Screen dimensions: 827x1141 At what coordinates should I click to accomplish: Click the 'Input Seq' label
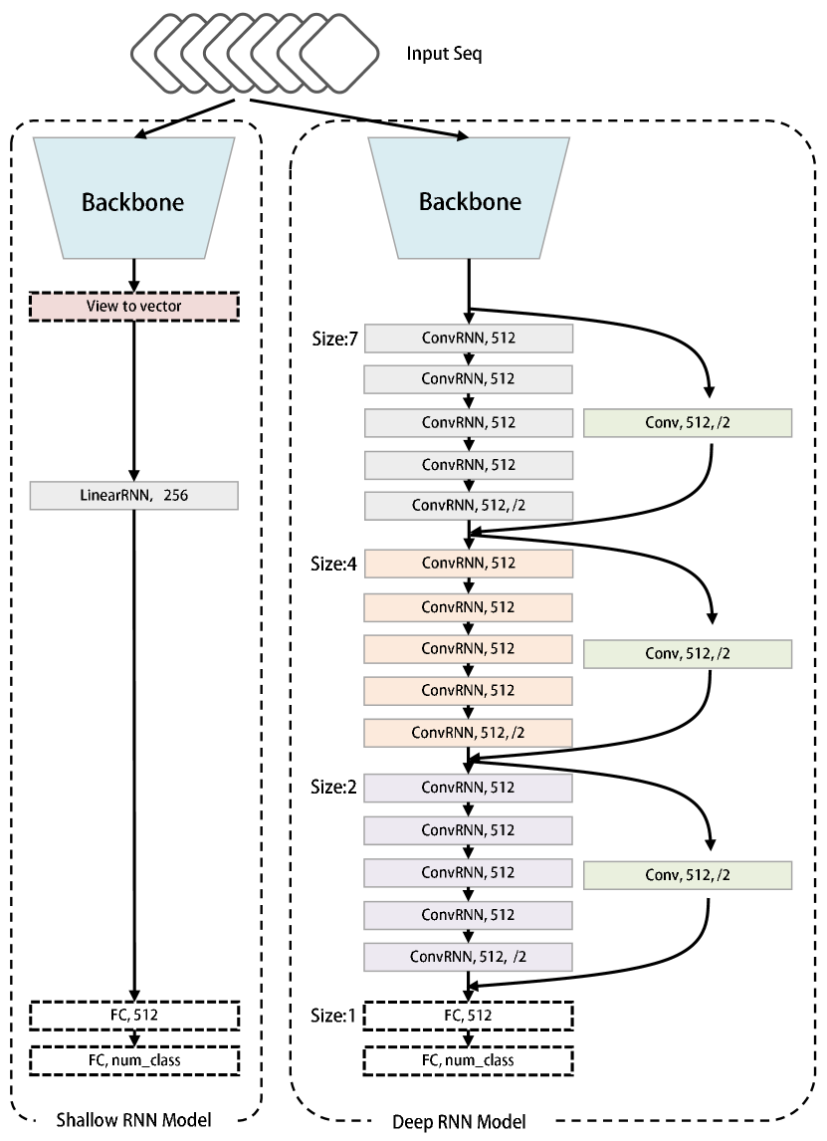[x=444, y=54]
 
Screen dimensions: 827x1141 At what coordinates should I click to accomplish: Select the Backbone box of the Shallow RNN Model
[x=133, y=198]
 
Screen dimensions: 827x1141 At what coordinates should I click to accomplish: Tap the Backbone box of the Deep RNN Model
[x=469, y=198]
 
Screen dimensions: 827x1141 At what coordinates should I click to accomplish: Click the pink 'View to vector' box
[x=133, y=307]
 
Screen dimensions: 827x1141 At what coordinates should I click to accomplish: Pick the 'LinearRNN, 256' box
[x=133, y=496]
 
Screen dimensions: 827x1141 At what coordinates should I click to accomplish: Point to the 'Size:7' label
[x=334, y=340]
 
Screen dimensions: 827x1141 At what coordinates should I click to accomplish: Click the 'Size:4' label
[x=333, y=564]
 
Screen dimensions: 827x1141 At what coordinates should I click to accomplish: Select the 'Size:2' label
[x=333, y=788]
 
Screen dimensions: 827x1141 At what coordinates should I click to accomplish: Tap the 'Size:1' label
[x=333, y=1016]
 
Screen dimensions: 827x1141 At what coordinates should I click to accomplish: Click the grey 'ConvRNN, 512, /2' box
[x=469, y=506]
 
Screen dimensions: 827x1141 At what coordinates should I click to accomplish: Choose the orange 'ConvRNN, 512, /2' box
[x=469, y=733]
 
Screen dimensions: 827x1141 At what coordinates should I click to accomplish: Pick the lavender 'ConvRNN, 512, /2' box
[x=469, y=957]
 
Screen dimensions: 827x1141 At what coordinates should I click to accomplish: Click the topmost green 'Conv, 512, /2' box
[x=688, y=423]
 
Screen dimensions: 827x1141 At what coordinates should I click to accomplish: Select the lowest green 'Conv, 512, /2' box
[x=688, y=875]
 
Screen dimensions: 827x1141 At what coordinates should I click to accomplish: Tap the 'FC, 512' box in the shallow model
[x=134, y=1016]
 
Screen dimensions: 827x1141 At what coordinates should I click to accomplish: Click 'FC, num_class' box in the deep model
[x=469, y=1061]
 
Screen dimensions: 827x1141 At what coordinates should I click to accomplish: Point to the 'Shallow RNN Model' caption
[x=133, y=1120]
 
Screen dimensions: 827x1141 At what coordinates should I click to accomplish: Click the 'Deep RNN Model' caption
[x=459, y=1122]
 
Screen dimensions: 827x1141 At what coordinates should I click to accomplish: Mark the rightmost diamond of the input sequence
[x=340, y=53]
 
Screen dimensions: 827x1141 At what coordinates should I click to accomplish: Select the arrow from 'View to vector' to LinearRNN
[x=133, y=401]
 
